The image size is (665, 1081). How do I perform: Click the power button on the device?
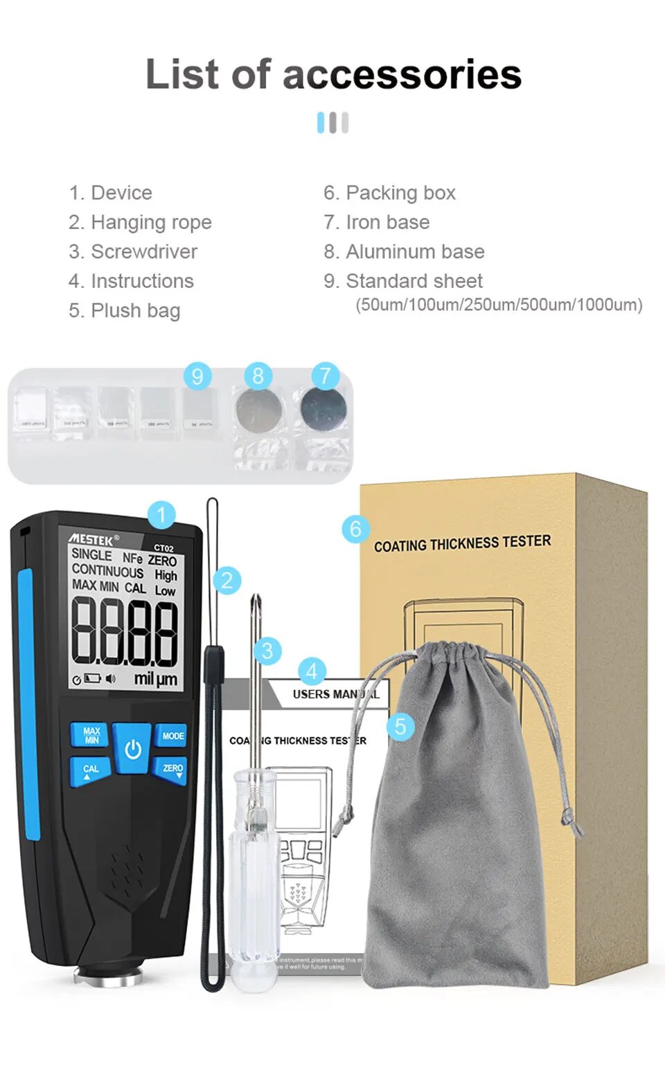[132, 748]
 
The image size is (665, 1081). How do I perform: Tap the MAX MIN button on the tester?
[91, 735]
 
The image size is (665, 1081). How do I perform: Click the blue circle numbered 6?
[355, 529]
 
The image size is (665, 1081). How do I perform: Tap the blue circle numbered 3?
[267, 651]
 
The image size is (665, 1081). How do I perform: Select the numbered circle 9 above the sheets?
[197, 376]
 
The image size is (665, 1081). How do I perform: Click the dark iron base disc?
[323, 410]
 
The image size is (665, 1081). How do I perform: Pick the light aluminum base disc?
[259, 410]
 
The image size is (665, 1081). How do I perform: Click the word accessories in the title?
[402, 75]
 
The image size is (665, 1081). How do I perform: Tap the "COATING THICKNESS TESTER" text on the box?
[462, 543]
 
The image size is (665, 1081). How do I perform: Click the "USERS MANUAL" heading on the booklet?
[335, 694]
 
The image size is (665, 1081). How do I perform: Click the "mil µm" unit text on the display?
[155, 679]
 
